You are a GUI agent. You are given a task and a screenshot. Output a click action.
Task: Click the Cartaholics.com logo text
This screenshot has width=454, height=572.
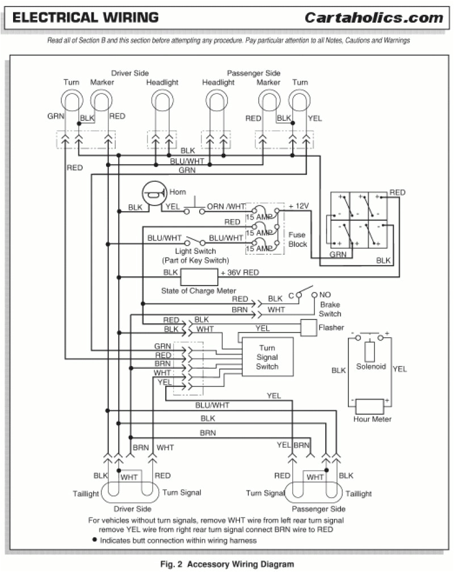tap(373, 18)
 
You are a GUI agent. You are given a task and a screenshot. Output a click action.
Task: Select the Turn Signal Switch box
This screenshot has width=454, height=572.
tap(267, 357)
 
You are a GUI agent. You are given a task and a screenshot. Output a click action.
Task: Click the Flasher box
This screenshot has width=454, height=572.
tap(308, 327)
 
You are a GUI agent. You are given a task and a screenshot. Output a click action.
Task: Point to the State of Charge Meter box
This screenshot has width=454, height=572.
tap(199, 277)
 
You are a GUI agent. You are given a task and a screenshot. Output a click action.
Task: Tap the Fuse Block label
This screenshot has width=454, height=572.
tap(297, 239)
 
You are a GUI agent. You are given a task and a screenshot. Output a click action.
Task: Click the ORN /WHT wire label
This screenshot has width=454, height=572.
tap(226, 207)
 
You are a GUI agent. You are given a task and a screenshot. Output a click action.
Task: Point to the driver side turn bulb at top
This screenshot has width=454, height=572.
tap(72, 102)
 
